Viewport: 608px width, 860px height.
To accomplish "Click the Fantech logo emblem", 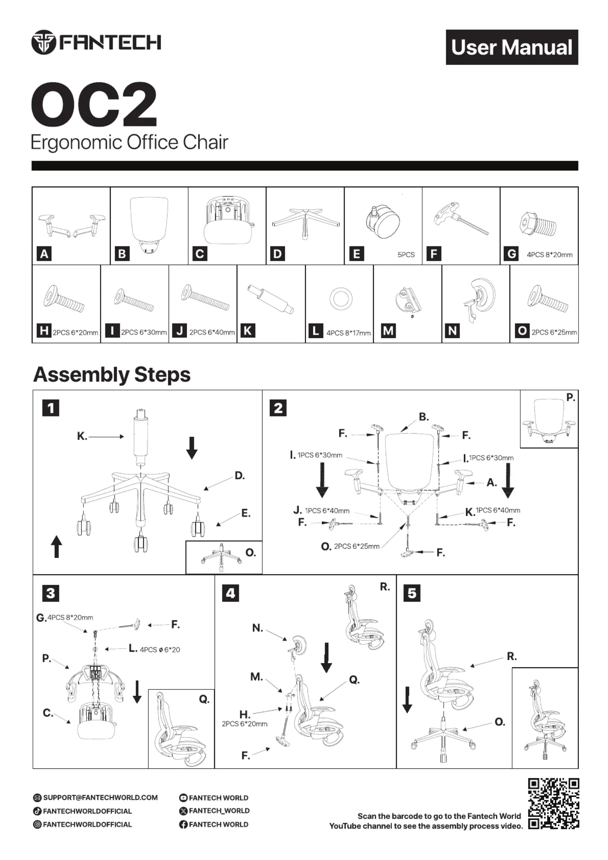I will coord(44,42).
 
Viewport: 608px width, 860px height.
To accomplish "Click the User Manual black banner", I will coord(511,47).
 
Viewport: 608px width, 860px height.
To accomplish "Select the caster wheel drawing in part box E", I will coord(384,222).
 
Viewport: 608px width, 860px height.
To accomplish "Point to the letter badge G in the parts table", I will coord(512,254).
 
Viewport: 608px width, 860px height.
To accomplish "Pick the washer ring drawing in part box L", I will coord(341,299).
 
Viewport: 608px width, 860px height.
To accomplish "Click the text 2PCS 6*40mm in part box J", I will coord(212,333).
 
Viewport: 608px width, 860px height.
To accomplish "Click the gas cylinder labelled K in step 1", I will coord(141,436).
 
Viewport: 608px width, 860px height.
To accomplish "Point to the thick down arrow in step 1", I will coord(192,447).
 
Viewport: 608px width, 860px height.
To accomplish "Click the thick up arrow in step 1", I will coord(57,546).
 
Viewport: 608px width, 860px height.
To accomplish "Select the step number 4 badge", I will coord(231,593).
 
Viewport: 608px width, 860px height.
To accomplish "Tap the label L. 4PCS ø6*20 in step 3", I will coord(154,649).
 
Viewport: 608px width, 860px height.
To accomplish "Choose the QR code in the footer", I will coord(553,803).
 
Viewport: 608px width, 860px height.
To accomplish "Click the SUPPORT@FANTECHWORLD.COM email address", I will coord(100,798).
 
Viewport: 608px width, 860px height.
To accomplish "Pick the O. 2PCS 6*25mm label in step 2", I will coord(350,546).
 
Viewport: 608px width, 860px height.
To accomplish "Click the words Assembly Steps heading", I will coord(112,374).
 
